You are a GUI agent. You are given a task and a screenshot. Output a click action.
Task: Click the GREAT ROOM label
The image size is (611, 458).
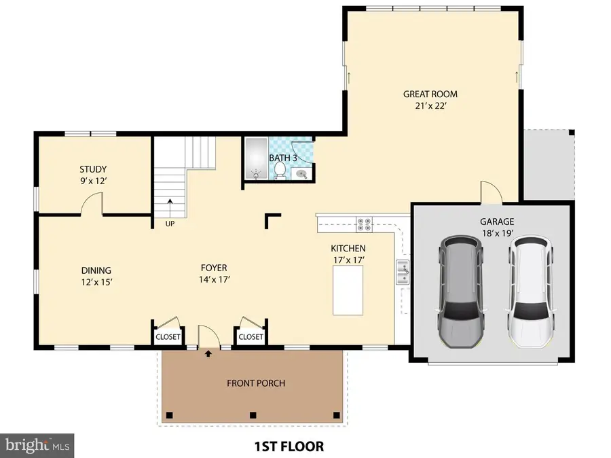[430, 94]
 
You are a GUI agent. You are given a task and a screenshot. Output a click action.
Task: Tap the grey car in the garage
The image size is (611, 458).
[462, 292]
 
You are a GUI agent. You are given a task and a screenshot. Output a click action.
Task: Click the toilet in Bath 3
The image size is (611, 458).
[279, 171]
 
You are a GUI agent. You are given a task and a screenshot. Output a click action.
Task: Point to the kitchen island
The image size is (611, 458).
[348, 290]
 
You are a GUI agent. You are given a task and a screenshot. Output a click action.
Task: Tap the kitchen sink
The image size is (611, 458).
[403, 272]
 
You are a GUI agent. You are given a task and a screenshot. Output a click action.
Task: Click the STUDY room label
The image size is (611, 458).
[93, 169]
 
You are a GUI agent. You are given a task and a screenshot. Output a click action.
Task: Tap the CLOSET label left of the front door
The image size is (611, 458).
[168, 336]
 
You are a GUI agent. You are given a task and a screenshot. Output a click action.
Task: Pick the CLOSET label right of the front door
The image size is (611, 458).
[251, 336]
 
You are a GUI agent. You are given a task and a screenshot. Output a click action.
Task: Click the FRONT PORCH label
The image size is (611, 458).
[256, 383]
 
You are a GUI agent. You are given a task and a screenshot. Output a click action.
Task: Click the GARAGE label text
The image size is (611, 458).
[496, 222]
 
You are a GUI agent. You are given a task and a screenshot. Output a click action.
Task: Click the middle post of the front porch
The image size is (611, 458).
[253, 415]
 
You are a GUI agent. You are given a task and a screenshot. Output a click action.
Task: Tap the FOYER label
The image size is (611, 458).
[213, 268]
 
